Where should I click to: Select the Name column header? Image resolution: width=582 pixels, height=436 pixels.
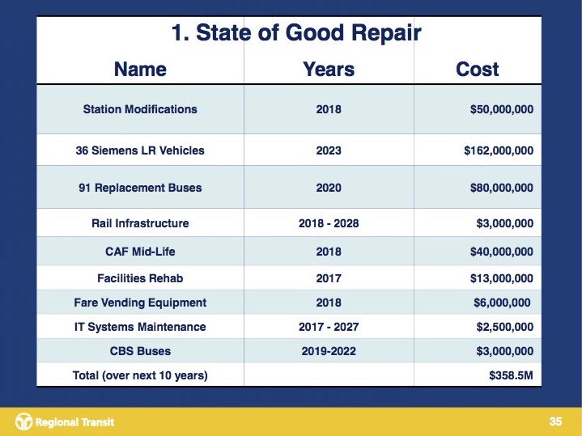[x=140, y=69]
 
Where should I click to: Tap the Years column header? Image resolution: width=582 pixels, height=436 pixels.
[x=328, y=69]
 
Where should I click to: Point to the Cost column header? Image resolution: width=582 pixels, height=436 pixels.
[x=478, y=69]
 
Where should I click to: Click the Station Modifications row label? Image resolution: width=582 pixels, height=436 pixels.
[x=140, y=109]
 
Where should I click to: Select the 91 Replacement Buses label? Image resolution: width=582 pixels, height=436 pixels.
[x=140, y=188]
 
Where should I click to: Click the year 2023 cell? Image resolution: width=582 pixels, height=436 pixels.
[x=329, y=150]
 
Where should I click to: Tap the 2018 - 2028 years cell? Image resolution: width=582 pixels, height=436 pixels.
[x=329, y=223]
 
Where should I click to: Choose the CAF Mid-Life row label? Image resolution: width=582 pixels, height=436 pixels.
[x=140, y=252]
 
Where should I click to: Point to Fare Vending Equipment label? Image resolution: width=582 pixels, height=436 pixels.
[x=140, y=303]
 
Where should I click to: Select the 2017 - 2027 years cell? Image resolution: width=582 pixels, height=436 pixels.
[x=329, y=327]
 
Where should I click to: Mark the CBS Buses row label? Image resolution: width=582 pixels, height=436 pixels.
[x=140, y=351]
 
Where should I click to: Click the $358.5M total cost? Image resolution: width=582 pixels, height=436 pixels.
[x=512, y=375]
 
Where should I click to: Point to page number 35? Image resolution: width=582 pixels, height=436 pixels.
[x=555, y=421]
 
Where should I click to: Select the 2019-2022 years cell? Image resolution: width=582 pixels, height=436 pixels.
[x=329, y=351]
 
